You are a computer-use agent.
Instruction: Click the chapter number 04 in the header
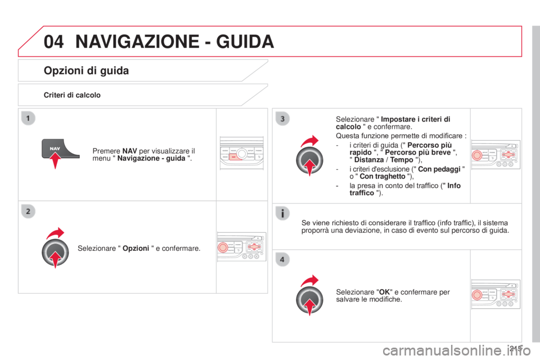click(x=54, y=42)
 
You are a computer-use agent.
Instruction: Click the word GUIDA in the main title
click(x=245, y=42)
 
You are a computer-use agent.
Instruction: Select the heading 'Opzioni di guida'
click(x=86, y=71)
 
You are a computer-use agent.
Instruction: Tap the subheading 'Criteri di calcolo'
click(x=72, y=95)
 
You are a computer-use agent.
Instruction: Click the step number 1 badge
click(x=28, y=118)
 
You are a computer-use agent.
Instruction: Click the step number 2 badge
click(x=28, y=211)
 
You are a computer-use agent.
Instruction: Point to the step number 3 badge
click(x=282, y=119)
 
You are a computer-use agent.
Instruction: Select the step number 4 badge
click(x=282, y=259)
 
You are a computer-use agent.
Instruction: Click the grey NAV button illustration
click(x=58, y=148)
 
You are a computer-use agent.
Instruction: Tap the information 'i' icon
click(x=282, y=213)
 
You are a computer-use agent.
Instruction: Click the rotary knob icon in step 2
click(x=55, y=253)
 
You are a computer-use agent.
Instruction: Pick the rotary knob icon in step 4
click(x=309, y=300)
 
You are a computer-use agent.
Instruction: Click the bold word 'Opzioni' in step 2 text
click(x=136, y=249)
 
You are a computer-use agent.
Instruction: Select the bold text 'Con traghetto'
click(x=382, y=177)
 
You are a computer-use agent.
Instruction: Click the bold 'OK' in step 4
click(x=384, y=292)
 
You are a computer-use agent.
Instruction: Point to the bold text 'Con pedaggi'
click(x=439, y=169)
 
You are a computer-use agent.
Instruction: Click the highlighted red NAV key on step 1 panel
click(x=234, y=157)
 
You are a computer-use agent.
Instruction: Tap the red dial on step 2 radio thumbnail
click(x=223, y=247)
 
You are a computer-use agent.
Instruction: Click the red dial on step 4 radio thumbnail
click(x=477, y=295)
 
